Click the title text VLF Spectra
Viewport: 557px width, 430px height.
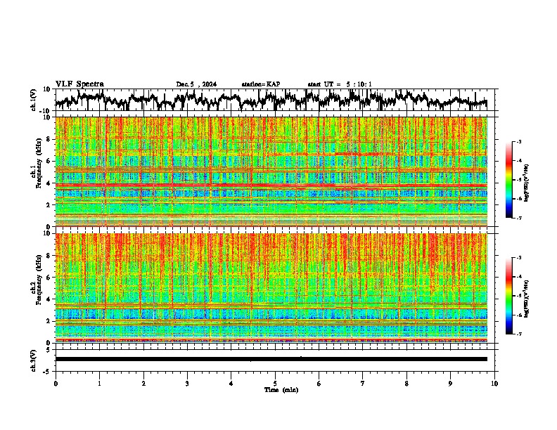click(79, 84)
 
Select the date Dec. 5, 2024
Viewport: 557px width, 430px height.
click(196, 84)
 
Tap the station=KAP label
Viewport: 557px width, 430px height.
click(261, 84)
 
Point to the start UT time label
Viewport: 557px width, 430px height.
click(340, 84)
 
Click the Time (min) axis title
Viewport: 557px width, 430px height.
click(281, 389)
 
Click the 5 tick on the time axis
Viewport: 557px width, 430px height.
click(275, 383)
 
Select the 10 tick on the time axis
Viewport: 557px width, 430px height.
click(495, 383)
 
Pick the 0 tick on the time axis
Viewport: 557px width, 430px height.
click(56, 383)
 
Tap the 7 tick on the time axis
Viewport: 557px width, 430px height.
click(363, 383)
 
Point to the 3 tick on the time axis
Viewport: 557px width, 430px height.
click(187, 383)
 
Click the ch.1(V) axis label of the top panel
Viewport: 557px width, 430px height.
click(34, 100)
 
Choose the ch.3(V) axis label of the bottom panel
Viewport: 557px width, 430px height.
click(34, 359)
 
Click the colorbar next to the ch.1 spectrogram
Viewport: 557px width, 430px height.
click(516, 180)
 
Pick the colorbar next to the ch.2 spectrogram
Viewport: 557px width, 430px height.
click(516, 296)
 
